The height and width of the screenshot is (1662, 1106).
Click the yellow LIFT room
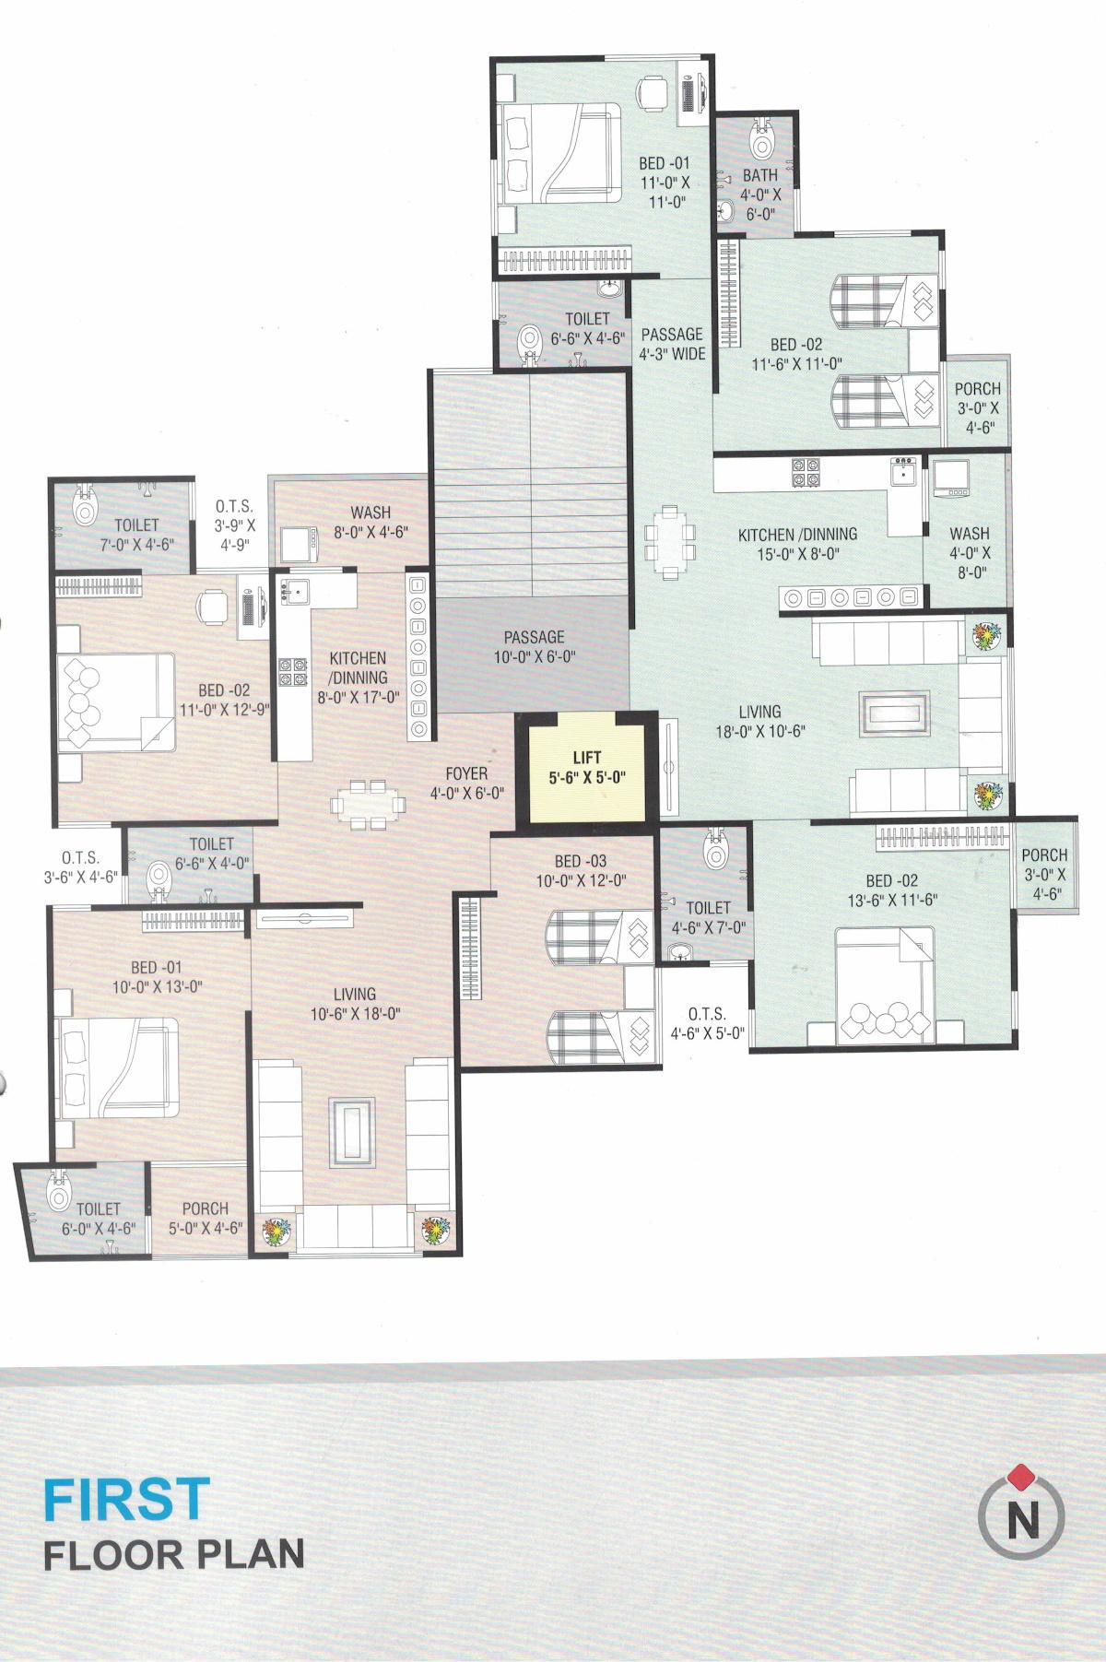coord(586,768)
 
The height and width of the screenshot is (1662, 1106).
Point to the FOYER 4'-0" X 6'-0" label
coord(466,782)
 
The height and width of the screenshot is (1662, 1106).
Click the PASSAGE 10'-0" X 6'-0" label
coord(534,646)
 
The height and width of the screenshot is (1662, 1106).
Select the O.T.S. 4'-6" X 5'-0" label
coord(707,1022)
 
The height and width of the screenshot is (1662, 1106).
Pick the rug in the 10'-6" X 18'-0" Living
coord(351,1132)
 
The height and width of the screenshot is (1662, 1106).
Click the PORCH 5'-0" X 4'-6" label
coord(205,1217)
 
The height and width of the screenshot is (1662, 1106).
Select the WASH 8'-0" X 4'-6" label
coord(371,522)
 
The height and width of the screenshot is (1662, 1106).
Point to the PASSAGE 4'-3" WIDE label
coord(672,343)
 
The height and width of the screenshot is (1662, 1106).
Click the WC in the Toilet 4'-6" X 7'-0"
coord(715,852)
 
